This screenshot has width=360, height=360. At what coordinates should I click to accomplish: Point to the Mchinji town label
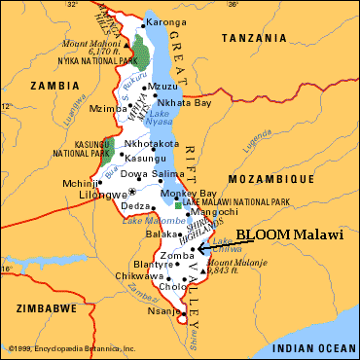click(x=75, y=182)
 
